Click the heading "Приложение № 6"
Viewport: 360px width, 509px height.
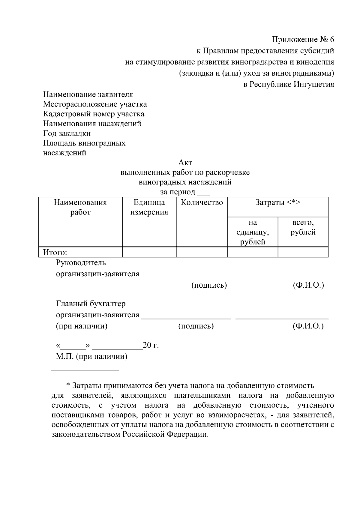303,40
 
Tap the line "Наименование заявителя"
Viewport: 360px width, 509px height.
88,94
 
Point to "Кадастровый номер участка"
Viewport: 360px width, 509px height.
94,114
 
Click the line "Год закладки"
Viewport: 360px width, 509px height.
67,133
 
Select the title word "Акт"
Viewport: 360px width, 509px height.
185,163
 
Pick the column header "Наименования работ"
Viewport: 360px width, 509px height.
80,207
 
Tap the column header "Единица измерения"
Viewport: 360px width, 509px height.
149,207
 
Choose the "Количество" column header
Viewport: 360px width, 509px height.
202,202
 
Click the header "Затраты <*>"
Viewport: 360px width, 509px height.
278,202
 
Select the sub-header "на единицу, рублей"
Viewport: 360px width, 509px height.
253,232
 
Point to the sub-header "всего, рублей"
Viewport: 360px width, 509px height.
303,227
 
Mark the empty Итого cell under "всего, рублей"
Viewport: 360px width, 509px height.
303,252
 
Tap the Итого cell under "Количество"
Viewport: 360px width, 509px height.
202,252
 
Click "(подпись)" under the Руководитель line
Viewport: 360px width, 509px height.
209,285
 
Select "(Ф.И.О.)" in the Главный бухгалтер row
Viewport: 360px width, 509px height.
308,326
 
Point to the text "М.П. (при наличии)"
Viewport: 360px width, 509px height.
91,357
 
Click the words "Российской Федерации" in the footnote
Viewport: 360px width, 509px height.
165,435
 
